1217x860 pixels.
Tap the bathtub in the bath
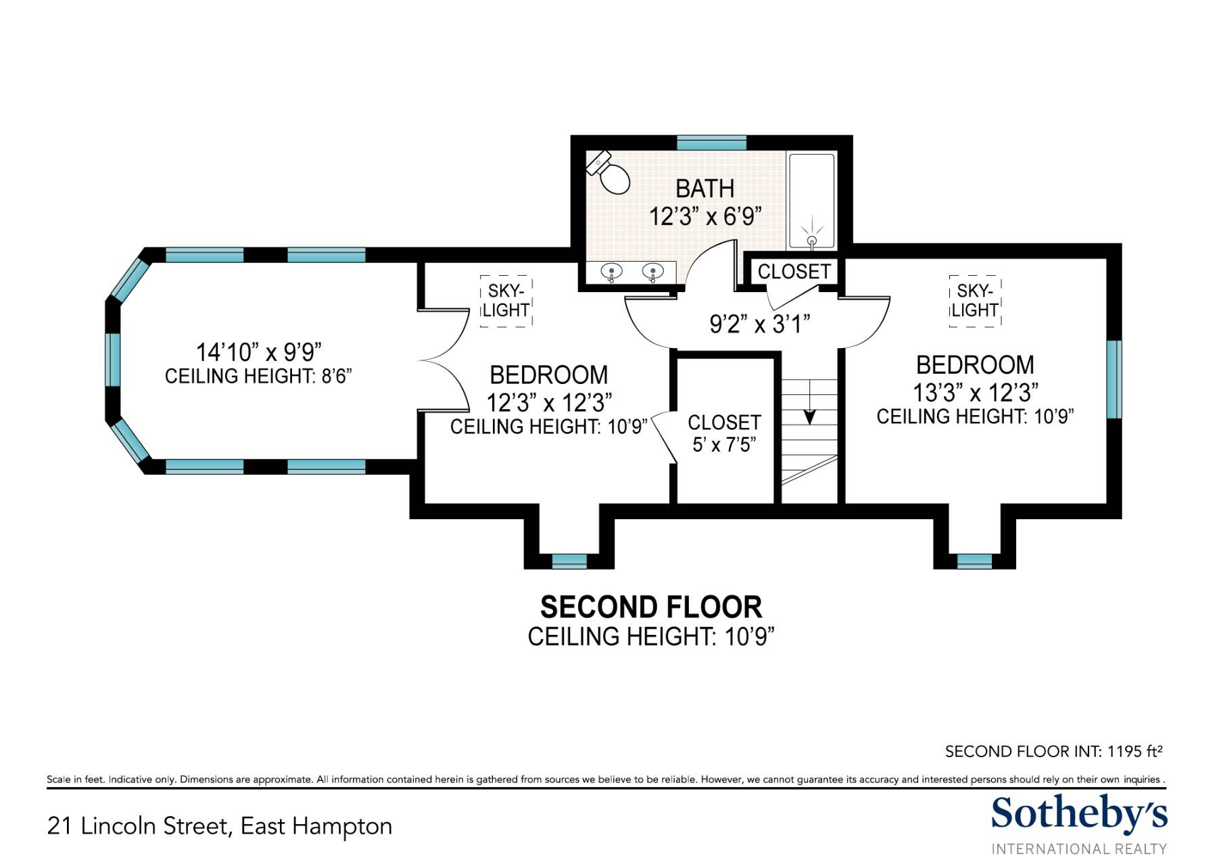(812, 201)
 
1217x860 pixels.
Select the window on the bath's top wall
(712, 143)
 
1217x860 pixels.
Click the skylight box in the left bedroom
(506, 301)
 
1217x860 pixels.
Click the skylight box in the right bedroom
(974, 301)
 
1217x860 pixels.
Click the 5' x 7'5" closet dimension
(724, 444)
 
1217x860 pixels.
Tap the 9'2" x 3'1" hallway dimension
(759, 325)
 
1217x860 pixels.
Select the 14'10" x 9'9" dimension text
(258, 352)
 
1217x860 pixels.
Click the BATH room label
(705, 189)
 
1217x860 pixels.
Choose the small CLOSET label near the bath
(794, 272)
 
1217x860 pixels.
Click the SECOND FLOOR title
(651, 607)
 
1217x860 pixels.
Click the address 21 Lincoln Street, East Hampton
(220, 826)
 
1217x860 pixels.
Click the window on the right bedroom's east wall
(1114, 379)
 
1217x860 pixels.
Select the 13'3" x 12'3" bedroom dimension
(976, 392)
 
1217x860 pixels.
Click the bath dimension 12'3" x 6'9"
(705, 217)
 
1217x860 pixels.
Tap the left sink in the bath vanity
(612, 272)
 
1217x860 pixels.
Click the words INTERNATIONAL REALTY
(1079, 849)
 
